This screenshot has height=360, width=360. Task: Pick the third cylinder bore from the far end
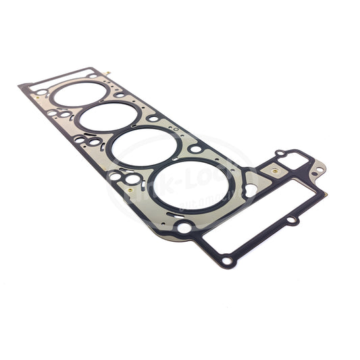coord(144,147)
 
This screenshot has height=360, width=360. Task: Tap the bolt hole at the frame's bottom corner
coord(226,259)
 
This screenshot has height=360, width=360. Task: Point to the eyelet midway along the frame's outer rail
coord(290,220)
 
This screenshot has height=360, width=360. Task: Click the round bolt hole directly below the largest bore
coord(184,227)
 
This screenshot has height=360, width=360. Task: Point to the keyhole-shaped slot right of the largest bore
coord(249,189)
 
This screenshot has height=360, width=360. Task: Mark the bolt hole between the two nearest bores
coord(195,148)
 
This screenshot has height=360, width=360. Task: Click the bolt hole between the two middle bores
coord(153,118)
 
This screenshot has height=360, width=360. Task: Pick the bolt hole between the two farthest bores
coord(119,95)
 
